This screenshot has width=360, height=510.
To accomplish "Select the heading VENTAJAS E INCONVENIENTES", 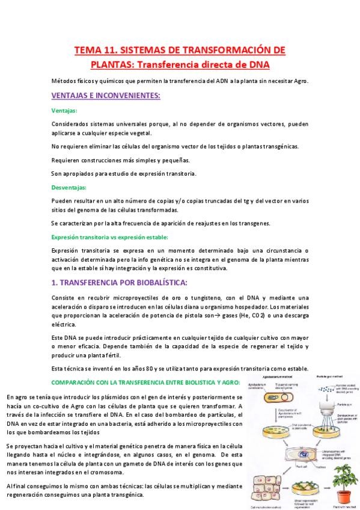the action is pos(105,96).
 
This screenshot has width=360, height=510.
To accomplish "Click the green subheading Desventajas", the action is pos(69,187).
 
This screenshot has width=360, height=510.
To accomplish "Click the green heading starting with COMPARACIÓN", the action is pos(145,382).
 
